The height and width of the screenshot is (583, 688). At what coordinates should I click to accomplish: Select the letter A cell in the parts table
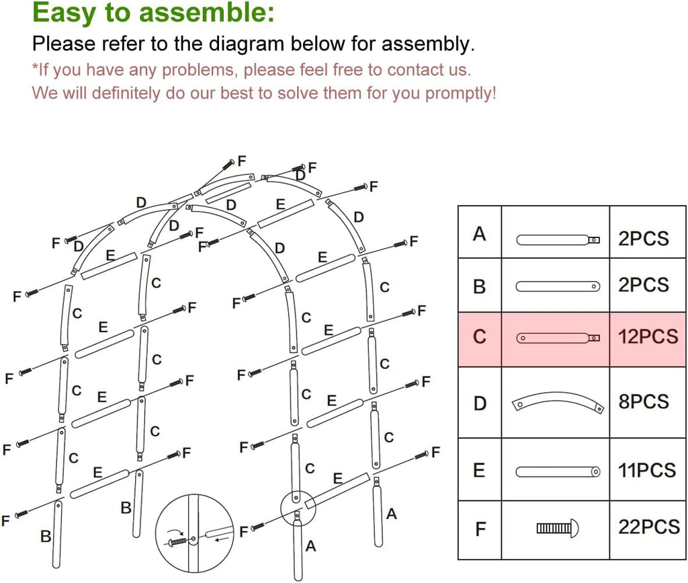479,234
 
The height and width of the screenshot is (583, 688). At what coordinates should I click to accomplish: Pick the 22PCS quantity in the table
648,527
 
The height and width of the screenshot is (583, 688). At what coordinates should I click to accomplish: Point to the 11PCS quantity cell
647,470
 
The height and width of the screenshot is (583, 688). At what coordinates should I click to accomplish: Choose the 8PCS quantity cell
643,402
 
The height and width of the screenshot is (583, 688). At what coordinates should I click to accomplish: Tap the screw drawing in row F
557,529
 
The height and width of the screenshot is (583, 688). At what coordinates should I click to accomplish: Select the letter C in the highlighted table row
479,336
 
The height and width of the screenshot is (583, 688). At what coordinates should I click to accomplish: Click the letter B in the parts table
479,286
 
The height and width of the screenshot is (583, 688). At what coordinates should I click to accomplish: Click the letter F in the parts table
480,529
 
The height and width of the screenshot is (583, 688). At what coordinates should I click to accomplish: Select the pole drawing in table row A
557,239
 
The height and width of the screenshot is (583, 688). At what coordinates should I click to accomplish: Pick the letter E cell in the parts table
479,470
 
